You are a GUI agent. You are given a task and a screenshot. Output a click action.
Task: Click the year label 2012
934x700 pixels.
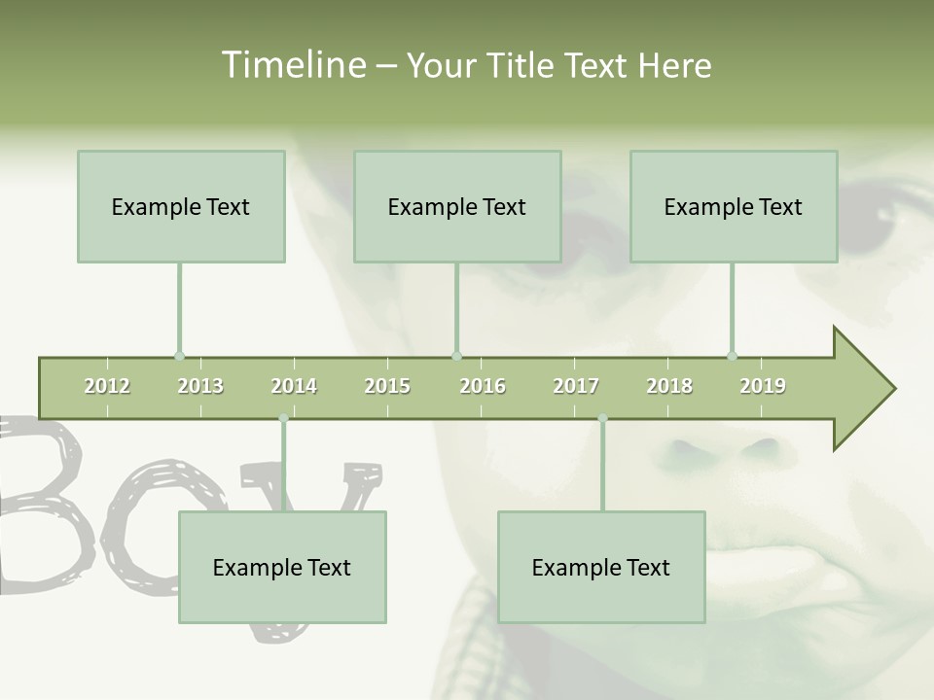(x=107, y=386)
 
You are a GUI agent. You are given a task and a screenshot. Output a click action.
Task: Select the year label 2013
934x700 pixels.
(x=200, y=386)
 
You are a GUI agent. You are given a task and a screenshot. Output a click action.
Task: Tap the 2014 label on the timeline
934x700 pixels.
(x=294, y=386)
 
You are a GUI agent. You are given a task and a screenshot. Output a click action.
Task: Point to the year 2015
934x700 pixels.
(x=387, y=386)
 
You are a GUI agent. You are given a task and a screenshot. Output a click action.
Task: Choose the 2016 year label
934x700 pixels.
(x=483, y=386)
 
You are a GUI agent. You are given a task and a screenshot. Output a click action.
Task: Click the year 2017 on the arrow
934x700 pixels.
(x=576, y=386)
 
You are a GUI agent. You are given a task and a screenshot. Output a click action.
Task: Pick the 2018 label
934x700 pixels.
(x=669, y=386)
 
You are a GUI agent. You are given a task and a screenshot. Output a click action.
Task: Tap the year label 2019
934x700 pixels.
(x=763, y=386)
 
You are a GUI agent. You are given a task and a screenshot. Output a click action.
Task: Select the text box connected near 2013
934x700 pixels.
(x=181, y=206)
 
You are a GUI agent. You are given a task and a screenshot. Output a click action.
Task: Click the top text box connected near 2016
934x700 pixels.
(x=457, y=206)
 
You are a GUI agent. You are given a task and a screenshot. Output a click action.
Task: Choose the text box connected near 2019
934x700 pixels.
(x=734, y=206)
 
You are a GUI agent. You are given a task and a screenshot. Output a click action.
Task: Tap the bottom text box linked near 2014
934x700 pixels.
(x=282, y=567)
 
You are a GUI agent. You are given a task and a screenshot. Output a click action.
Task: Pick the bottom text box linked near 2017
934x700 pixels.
(x=601, y=567)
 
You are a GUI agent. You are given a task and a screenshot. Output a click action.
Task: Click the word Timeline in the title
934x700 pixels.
(x=292, y=65)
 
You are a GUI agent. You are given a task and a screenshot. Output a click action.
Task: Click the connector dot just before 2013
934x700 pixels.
(x=179, y=356)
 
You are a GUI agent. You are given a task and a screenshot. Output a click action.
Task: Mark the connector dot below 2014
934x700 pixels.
(x=283, y=418)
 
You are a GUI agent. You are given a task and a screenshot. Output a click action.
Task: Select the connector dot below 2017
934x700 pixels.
(x=602, y=418)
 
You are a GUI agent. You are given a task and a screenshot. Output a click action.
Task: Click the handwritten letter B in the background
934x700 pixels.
(x=44, y=506)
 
